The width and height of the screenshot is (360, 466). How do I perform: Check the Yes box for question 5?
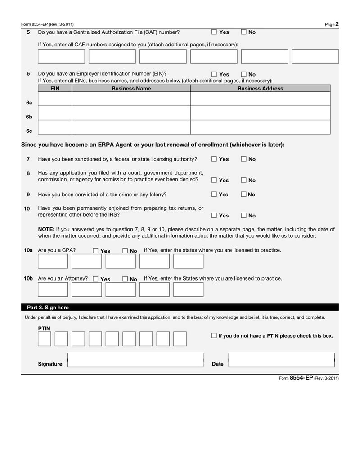click(214, 32)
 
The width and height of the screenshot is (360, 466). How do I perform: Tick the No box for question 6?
click(243, 74)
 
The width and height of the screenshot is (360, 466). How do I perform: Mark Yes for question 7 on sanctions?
click(214, 159)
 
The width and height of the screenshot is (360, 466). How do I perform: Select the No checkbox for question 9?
click(243, 195)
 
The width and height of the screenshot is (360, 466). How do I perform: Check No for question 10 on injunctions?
click(243, 216)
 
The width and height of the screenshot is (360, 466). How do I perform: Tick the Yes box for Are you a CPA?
click(95, 251)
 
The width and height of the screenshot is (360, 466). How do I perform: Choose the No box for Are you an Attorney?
click(125, 279)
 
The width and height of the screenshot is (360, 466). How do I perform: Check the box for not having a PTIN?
click(214, 335)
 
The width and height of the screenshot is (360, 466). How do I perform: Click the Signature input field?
click(135, 360)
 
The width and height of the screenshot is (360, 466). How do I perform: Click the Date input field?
click(281, 360)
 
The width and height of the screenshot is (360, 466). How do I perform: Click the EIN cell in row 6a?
click(55, 99)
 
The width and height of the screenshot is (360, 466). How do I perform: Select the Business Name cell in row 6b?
click(131, 113)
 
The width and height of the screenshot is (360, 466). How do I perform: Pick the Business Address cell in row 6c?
click(260, 127)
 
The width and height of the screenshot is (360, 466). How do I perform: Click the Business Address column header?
click(260, 89)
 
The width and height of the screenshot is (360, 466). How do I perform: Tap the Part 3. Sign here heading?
click(48, 308)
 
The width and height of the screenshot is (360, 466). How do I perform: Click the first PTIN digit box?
click(44, 339)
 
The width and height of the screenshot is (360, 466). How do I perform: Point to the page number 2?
click(337, 24)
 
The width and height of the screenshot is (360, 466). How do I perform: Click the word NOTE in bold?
click(46, 229)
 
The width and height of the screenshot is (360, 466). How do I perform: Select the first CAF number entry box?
click(61, 56)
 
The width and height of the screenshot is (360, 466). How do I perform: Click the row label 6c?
click(29, 131)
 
